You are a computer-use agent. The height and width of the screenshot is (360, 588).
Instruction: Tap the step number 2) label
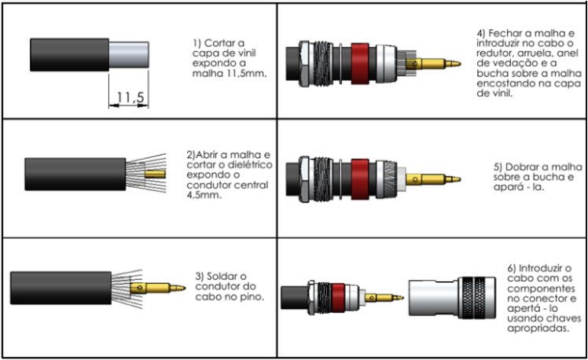click(192, 154)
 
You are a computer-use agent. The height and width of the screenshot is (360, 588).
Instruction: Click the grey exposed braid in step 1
click(127, 55)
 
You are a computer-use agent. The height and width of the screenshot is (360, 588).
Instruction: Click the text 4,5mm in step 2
click(206, 197)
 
